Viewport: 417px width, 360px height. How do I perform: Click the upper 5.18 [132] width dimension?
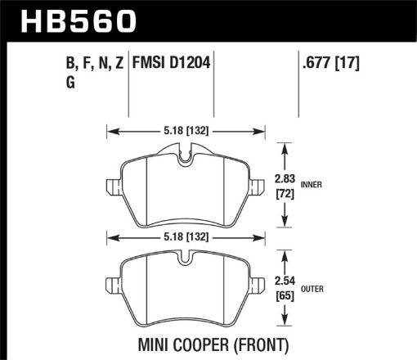click(186, 129)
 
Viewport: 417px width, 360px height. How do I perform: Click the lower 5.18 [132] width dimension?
click(186, 238)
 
